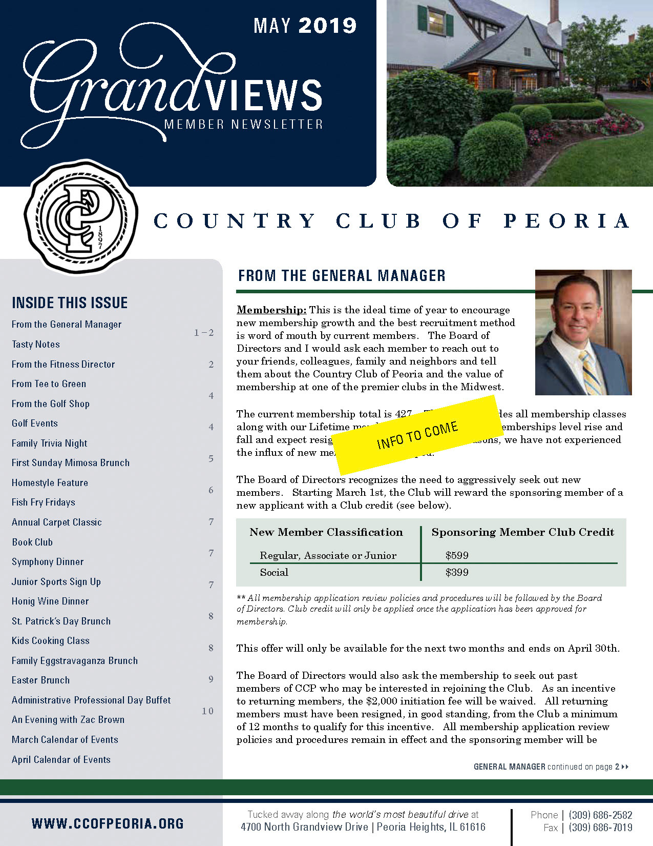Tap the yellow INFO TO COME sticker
[417, 435]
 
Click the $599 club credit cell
[457, 555]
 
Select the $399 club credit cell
[457, 572]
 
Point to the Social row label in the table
[274, 572]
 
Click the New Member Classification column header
[326, 532]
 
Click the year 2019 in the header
[327, 26]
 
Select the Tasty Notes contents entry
[36, 345]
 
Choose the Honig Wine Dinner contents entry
[50, 601]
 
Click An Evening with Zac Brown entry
[68, 720]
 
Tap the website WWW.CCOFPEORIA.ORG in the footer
[108, 824]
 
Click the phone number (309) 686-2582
[600, 815]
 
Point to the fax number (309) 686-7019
[600, 828]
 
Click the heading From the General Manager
[342, 276]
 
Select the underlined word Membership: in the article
[271, 310]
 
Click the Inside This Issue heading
[70, 303]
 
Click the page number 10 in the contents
[207, 711]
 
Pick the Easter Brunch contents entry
[41, 680]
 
